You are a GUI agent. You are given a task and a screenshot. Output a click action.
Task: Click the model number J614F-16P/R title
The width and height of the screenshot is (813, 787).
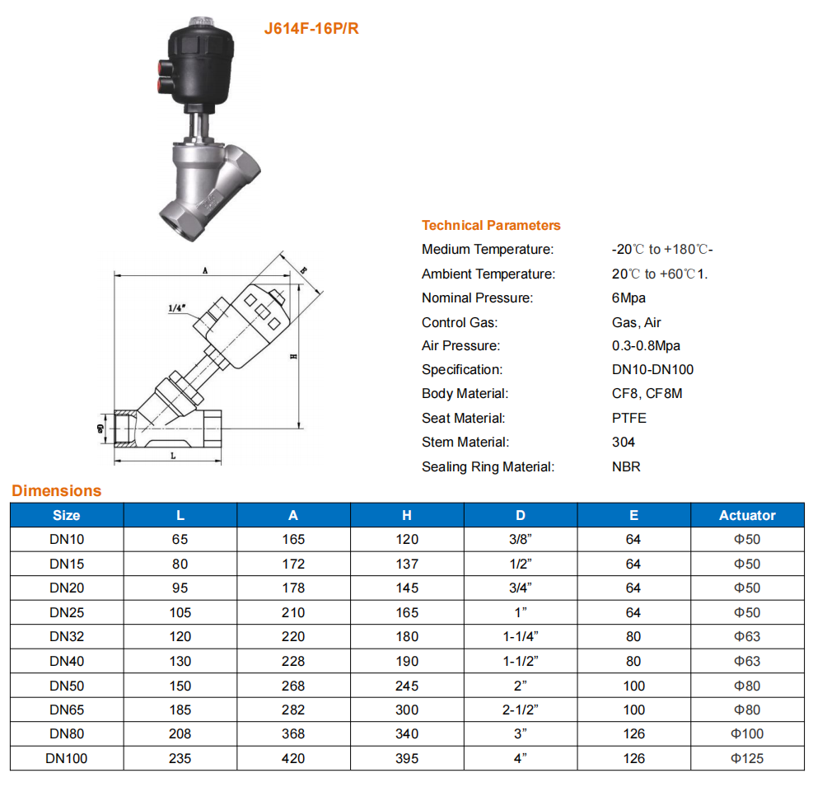tap(311, 29)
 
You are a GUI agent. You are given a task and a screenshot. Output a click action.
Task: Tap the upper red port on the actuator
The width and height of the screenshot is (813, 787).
tap(166, 68)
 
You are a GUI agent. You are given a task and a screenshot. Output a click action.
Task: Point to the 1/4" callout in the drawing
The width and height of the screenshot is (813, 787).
tap(176, 308)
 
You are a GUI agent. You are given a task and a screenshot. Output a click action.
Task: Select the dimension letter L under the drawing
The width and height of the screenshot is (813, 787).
tap(173, 456)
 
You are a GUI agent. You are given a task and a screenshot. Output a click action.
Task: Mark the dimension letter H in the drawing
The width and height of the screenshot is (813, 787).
tap(293, 356)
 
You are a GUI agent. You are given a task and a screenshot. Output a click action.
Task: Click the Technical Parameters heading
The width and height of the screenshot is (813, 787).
tap(491, 225)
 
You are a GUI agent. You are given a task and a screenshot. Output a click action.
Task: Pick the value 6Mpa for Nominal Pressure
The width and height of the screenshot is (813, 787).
tap(628, 297)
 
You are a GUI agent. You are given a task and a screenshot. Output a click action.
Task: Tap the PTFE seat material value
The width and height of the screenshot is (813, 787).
tap(629, 418)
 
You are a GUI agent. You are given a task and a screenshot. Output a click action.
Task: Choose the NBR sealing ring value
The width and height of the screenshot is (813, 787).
tap(626, 467)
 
